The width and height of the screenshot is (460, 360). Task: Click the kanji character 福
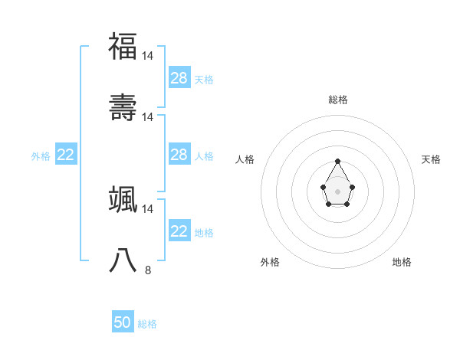click(123, 46)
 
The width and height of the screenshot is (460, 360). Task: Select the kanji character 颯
click(123, 198)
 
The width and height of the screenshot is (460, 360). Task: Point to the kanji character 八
click(123, 260)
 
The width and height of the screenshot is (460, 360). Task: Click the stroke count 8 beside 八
click(148, 270)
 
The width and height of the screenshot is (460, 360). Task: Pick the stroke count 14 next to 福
click(148, 56)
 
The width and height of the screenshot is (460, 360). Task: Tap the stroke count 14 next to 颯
click(148, 208)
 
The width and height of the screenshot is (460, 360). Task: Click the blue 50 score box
click(123, 322)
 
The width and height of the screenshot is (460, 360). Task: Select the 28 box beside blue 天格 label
click(179, 78)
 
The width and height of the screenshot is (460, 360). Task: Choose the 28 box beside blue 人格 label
click(179, 155)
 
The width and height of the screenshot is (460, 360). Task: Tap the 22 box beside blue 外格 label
click(66, 155)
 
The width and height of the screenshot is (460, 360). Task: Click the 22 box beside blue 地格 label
click(179, 231)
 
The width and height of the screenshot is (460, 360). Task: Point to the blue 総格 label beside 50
click(147, 324)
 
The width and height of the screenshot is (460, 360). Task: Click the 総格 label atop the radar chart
click(338, 100)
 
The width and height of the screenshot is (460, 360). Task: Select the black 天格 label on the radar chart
click(432, 159)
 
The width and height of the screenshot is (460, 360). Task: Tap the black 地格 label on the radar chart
click(402, 262)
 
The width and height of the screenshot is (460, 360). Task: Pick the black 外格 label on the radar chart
click(270, 262)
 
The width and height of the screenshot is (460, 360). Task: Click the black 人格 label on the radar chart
click(245, 159)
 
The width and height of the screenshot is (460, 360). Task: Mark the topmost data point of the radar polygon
click(337, 161)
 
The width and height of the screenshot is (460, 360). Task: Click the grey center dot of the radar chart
click(337, 191)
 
